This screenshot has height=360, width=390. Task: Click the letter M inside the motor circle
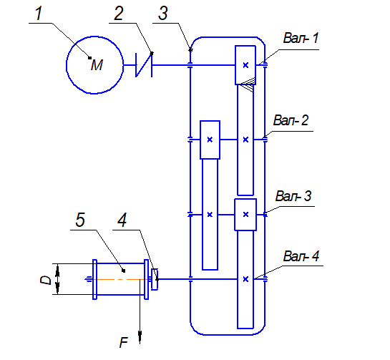[97, 65]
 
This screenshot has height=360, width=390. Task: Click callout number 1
[39, 13]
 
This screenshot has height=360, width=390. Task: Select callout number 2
[119, 13]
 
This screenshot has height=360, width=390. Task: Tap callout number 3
[163, 13]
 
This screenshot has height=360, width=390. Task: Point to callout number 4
[122, 220]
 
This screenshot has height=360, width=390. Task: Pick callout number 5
[80, 220]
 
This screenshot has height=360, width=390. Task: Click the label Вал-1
[301, 38]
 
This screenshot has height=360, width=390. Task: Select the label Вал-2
[291, 120]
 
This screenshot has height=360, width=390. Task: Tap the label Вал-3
[293, 196]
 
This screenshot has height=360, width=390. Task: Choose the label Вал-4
[301, 256]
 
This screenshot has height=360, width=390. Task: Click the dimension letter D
[46, 280]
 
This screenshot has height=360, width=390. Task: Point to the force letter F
[124, 342]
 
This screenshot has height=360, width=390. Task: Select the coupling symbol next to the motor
[144, 65]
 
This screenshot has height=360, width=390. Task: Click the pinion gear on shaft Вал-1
[245, 65]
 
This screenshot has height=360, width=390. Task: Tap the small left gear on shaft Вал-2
[210, 140]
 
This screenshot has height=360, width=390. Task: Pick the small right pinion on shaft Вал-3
[245, 215]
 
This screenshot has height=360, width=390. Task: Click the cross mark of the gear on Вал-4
[245, 279]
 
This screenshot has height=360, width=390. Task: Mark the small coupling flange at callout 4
[155, 279]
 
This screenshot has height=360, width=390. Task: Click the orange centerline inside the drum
[119, 280]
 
